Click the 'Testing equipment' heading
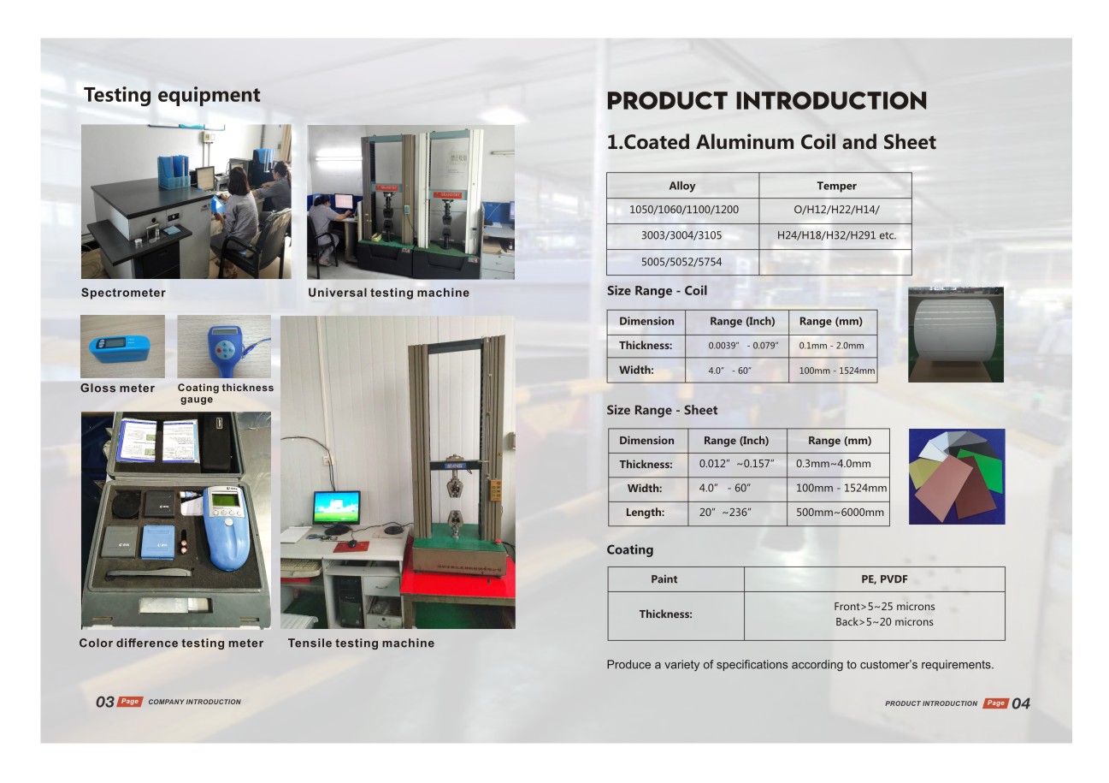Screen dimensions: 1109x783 [x=172, y=95]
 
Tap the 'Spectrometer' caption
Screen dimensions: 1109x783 [x=123, y=293]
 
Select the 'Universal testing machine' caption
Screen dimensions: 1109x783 [x=389, y=293]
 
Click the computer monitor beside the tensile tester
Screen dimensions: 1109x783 [x=337, y=507]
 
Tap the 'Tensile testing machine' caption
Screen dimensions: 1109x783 [x=361, y=643]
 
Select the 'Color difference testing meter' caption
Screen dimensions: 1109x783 [x=171, y=643]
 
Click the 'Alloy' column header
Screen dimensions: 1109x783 [x=682, y=186]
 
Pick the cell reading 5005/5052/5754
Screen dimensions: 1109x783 [x=681, y=262]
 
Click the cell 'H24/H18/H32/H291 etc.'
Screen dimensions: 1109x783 [x=836, y=235]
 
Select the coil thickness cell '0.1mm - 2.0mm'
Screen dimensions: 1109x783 [x=831, y=346]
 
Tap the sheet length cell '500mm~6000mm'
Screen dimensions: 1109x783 [x=840, y=513]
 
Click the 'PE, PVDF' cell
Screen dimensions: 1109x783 [x=884, y=578]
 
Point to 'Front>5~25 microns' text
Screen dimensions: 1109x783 [x=884, y=606]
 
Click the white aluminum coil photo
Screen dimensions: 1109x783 [x=956, y=335]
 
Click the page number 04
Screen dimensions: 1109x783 [x=1020, y=703]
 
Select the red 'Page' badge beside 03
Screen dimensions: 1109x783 [x=130, y=701]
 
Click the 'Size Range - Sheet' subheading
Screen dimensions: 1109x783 [x=662, y=410]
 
